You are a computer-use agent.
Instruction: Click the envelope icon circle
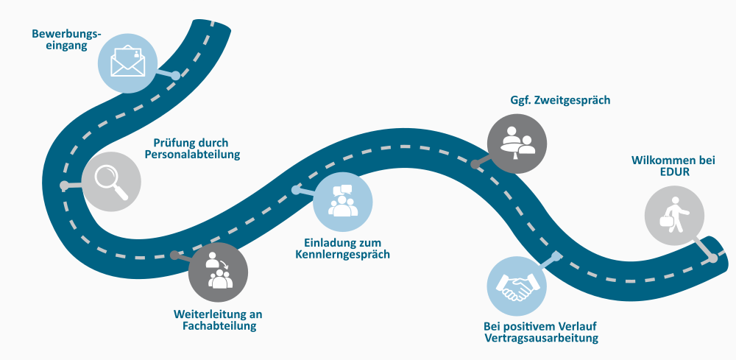point(128,63)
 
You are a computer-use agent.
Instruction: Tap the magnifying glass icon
point(111,181)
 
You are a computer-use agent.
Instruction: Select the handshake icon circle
point(517,285)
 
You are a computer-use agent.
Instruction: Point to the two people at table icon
point(518,144)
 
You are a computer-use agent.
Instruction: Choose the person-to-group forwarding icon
point(218,272)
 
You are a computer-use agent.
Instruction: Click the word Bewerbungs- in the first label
point(66,33)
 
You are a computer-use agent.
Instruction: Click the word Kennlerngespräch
point(342,255)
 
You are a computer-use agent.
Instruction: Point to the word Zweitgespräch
point(573,100)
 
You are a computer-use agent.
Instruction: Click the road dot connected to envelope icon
point(176,75)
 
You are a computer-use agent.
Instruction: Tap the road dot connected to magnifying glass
point(64,184)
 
